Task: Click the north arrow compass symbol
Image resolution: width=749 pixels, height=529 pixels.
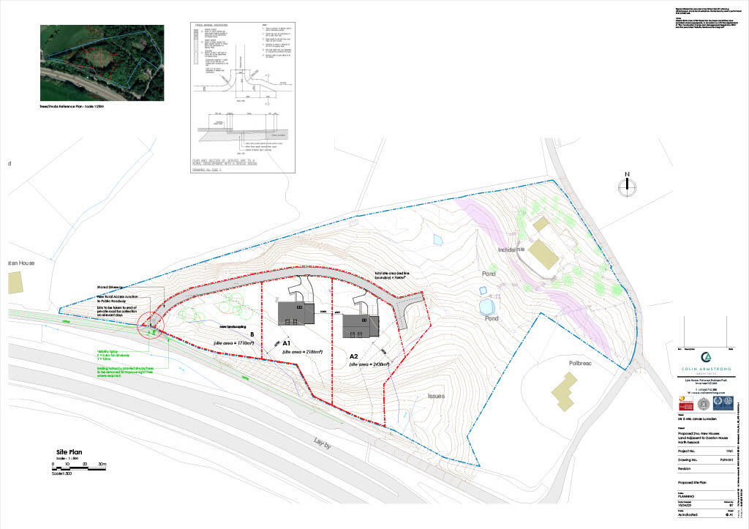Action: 627,185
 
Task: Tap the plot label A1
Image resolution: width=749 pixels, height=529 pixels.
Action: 287,342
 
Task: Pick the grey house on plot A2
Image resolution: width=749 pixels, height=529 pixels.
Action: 361,324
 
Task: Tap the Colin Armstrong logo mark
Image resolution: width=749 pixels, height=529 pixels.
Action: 706,356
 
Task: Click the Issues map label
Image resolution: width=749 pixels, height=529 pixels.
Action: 436,395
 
